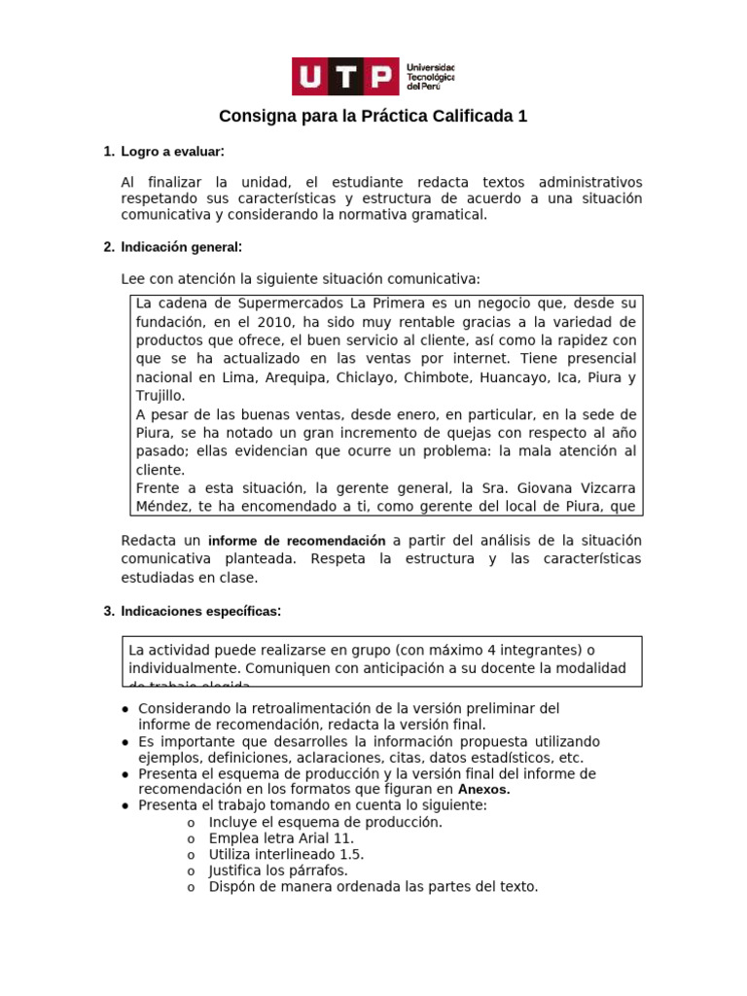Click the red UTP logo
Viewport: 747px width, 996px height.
coord(345,77)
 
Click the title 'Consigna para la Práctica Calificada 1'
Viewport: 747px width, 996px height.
coord(373,117)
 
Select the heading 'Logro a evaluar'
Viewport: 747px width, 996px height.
coord(172,152)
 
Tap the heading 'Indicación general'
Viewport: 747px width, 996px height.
coord(181,247)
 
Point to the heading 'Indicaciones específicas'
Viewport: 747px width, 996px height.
coord(201,611)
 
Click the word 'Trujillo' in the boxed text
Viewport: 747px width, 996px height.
coord(160,396)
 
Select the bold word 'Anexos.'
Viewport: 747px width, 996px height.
coord(483,790)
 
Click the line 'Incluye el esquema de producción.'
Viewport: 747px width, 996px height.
coord(325,822)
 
